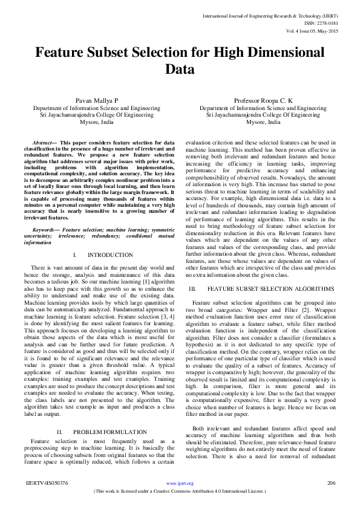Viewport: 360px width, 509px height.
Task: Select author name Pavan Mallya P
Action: point(96,101)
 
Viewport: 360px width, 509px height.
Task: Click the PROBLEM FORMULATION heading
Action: point(110,432)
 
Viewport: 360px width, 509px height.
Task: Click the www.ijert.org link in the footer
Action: point(180,483)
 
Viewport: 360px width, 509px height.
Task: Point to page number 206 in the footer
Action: point(330,483)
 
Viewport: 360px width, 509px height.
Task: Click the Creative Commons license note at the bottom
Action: point(180,491)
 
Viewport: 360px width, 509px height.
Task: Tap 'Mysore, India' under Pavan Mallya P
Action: point(96,122)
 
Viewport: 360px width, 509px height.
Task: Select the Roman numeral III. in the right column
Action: point(194,288)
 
